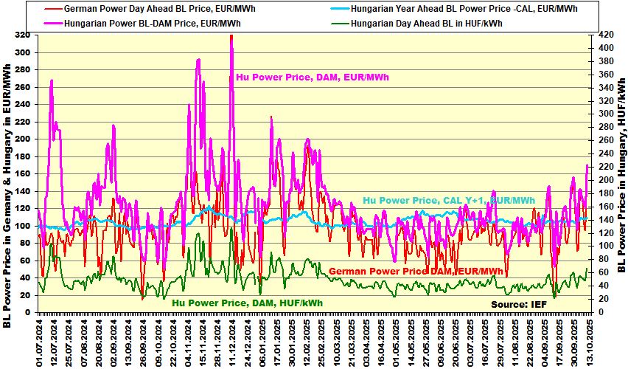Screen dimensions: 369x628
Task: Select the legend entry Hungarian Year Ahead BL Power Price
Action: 464,9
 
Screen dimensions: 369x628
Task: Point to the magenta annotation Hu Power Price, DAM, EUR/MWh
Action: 313,77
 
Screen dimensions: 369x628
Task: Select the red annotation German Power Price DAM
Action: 416,272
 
